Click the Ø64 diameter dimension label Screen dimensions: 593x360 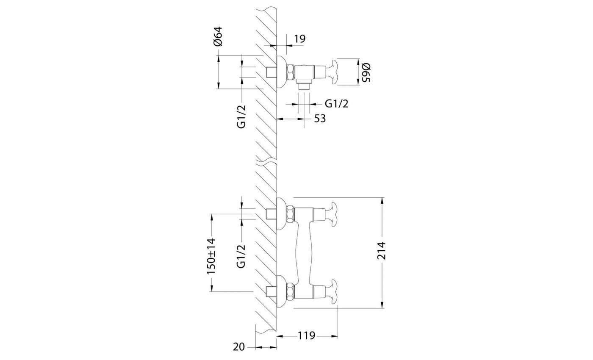(x=219, y=36)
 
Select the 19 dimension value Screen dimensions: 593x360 (x=300, y=39)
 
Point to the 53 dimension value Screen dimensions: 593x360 (x=320, y=119)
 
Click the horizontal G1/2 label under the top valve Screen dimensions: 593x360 (x=336, y=104)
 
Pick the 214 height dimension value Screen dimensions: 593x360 (x=382, y=251)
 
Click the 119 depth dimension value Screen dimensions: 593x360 (x=307, y=336)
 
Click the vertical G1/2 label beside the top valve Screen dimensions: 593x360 (x=242, y=116)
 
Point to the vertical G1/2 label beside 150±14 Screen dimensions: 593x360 (x=242, y=256)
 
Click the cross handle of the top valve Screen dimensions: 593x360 (x=333, y=72)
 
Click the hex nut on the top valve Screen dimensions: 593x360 (x=291, y=72)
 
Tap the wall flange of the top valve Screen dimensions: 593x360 (x=281, y=72)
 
